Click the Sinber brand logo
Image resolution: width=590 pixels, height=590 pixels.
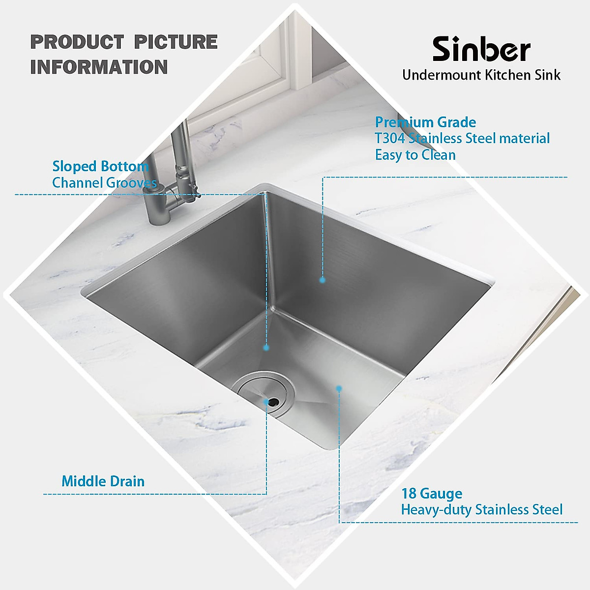tap(481, 49)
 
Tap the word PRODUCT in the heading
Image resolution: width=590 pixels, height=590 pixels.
tap(77, 42)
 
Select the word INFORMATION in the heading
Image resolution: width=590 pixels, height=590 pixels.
tap(99, 67)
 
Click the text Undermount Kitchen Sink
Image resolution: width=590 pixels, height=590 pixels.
tap(481, 75)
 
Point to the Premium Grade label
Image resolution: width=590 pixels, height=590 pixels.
tap(425, 122)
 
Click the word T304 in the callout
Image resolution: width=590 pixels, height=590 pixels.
tap(390, 138)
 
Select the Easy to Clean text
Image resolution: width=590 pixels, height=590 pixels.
tap(415, 155)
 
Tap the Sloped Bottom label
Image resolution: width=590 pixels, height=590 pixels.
tap(100, 166)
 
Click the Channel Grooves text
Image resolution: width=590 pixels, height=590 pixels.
tap(104, 183)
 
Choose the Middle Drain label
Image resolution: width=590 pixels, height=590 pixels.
tap(103, 481)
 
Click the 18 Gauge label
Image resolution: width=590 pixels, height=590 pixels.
tap(432, 493)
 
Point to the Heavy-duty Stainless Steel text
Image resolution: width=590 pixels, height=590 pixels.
tap(481, 509)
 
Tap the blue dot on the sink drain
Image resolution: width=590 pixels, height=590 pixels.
tap(266, 402)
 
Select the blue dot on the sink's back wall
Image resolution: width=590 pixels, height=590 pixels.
tap(323, 280)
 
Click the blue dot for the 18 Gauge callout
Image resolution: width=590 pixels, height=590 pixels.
tap(339, 388)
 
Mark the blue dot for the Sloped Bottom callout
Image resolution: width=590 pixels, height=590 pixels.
tap(266, 348)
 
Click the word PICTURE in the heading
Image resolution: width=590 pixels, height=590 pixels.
tap(176, 42)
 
